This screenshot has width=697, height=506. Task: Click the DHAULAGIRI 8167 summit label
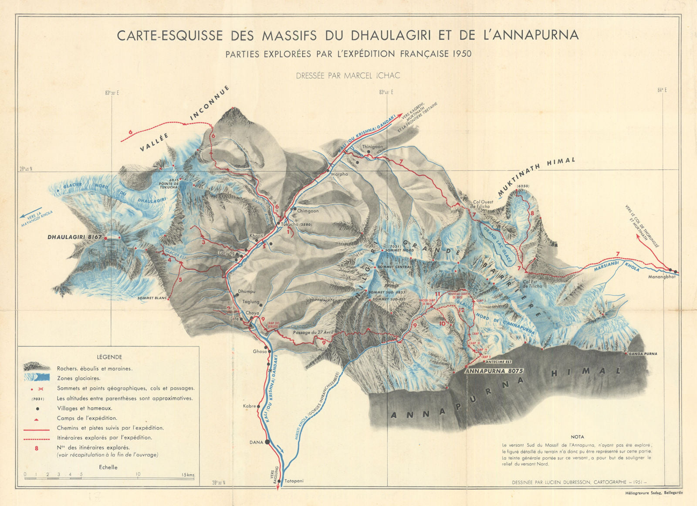[x=74, y=237]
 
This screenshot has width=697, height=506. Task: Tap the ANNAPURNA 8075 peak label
[x=494, y=371]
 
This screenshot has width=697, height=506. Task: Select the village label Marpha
[x=340, y=174]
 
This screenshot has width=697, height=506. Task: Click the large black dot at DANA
[x=267, y=441]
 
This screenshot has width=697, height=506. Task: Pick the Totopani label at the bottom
[x=293, y=482]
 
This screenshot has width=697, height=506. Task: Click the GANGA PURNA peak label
[x=643, y=354]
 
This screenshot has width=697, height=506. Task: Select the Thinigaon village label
[x=372, y=147]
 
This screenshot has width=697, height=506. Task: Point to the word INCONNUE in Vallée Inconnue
[x=209, y=103]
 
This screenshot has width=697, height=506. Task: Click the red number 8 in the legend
[x=37, y=448]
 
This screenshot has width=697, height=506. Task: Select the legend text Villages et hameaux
[x=85, y=408]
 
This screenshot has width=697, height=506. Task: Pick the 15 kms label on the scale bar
[x=188, y=474]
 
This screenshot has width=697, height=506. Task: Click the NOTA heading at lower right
[x=577, y=437]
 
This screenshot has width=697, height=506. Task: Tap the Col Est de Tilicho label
[x=532, y=284]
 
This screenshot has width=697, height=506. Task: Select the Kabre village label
[x=249, y=406]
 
